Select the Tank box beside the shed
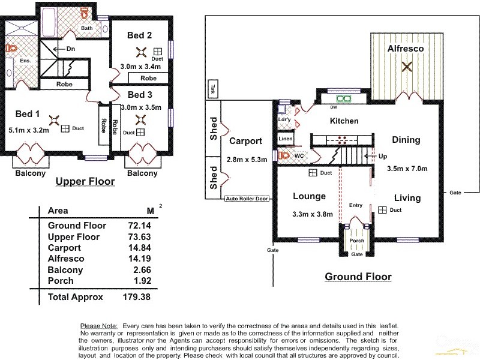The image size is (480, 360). (x=212, y=89)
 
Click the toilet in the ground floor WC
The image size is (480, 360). (x=284, y=155)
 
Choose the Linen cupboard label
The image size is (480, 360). (x=286, y=139)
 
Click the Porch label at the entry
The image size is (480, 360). (x=357, y=241)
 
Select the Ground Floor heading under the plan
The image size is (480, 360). (x=358, y=277)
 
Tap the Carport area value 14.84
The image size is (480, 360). (x=139, y=248)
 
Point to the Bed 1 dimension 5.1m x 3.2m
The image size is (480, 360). (x=29, y=129)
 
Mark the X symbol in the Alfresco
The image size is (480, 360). (x=407, y=67)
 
